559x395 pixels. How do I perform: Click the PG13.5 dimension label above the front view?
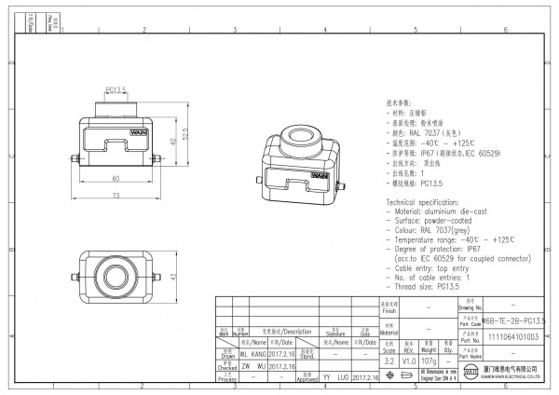pyautogui.click(x=115, y=90)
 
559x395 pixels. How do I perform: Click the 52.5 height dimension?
pyautogui.click(x=185, y=136)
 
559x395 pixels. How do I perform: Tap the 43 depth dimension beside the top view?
pyautogui.click(x=172, y=277)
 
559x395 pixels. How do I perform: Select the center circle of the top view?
pyautogui.click(x=116, y=277)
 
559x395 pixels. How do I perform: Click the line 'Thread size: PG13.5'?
pyautogui.click(x=429, y=288)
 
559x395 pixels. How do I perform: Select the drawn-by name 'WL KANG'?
pyautogui.click(x=252, y=355)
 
